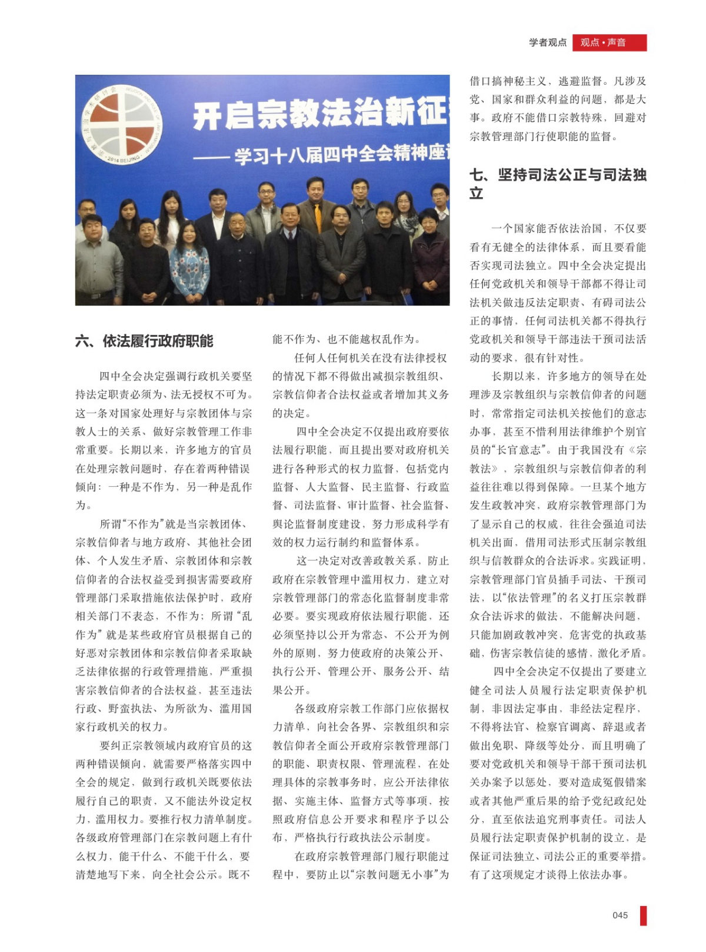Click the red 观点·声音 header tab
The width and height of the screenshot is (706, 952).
coord(609,42)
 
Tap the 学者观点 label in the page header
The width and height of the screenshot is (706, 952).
coord(547,42)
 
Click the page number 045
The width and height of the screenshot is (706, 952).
coord(620,915)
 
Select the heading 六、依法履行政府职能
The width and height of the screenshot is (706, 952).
coord(144,341)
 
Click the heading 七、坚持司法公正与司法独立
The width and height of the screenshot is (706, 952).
coord(557,184)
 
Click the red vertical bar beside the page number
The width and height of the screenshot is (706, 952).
coord(643,915)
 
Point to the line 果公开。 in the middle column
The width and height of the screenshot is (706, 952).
coord(292,690)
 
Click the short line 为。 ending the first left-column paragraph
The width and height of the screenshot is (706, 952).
coord(84,506)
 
